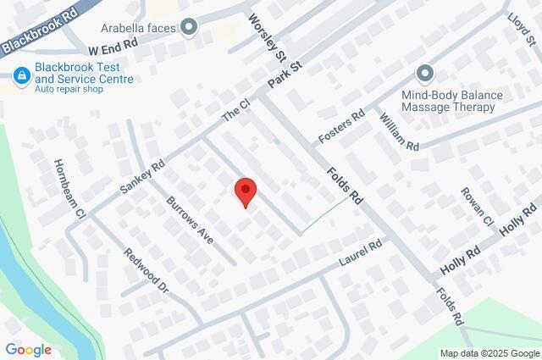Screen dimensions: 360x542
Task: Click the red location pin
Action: click(245, 192)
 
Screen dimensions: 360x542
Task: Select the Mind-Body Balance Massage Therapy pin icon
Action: click(424, 75)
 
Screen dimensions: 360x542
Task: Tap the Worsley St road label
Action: click(268, 36)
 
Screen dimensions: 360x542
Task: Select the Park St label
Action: click(285, 75)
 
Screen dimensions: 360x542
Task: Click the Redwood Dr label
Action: click(147, 271)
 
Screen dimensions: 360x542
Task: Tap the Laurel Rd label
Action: click(362, 252)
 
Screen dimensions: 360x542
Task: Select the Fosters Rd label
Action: click(340, 126)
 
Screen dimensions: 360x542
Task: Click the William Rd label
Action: click(399, 131)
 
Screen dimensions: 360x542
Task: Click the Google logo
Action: click(28, 350)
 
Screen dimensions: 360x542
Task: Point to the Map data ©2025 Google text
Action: click(489, 353)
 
